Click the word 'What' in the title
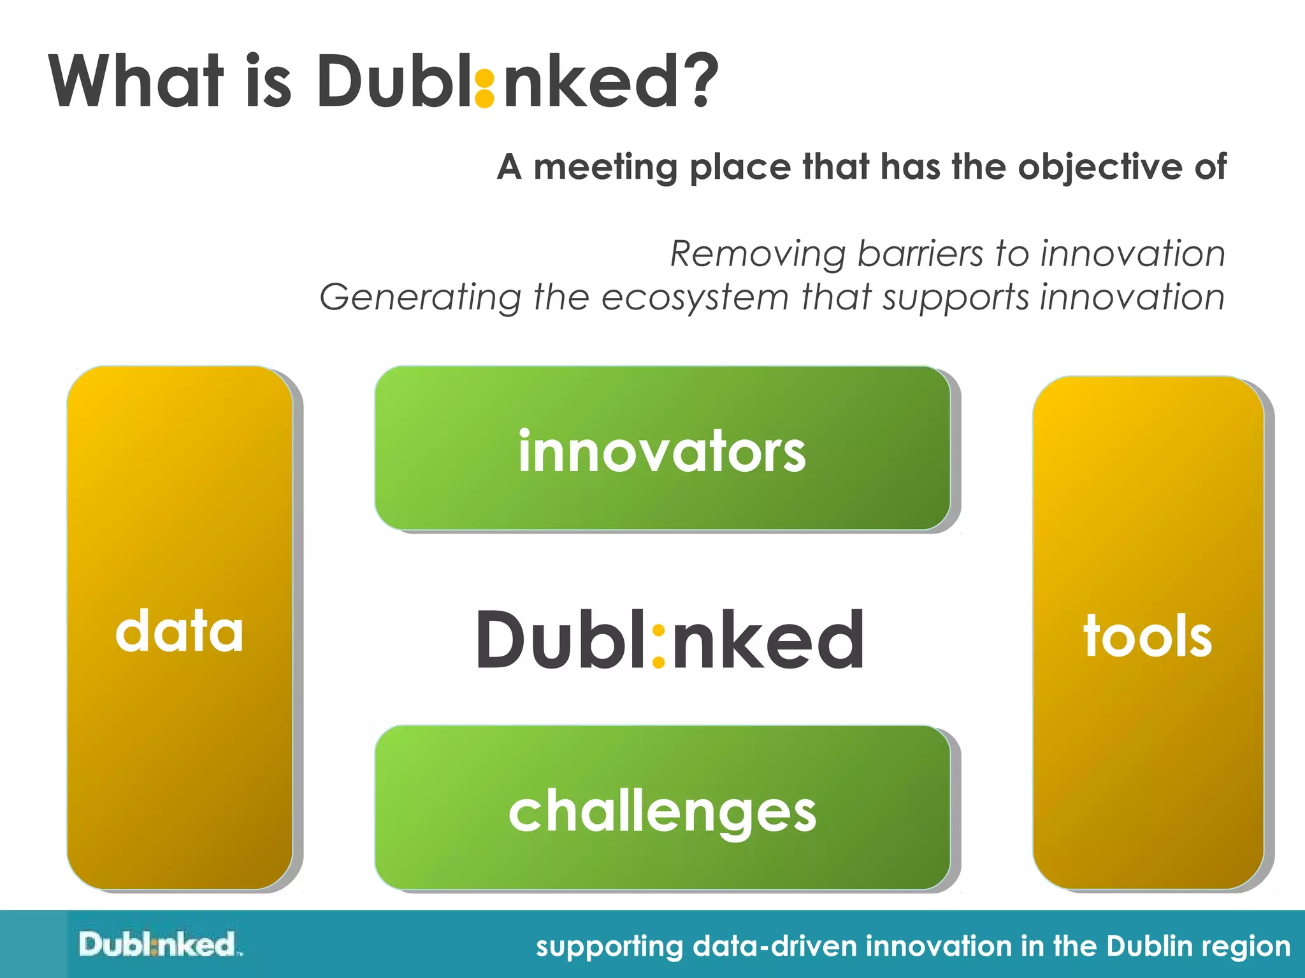click(x=136, y=81)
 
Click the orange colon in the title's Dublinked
click(x=485, y=89)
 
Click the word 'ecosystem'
click(x=695, y=298)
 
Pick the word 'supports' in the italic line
click(x=955, y=298)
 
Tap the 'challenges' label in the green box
click(x=662, y=812)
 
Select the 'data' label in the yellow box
click(x=179, y=631)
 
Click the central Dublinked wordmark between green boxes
click(x=670, y=639)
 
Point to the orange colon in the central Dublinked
click(x=659, y=647)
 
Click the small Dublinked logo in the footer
click(x=159, y=944)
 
